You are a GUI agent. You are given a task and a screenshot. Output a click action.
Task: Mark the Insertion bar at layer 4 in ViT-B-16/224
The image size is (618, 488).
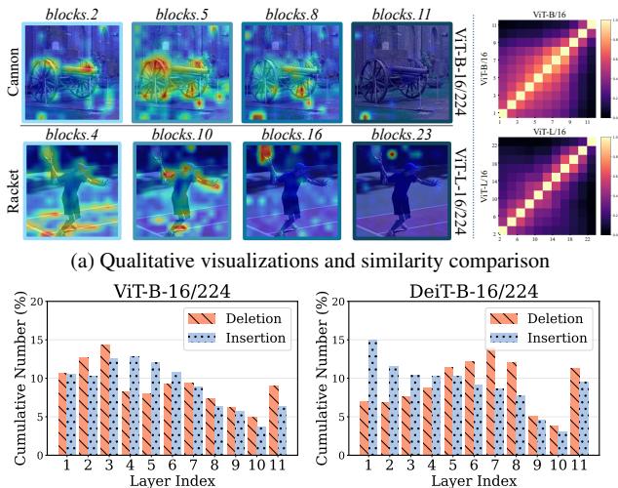[134, 405]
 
